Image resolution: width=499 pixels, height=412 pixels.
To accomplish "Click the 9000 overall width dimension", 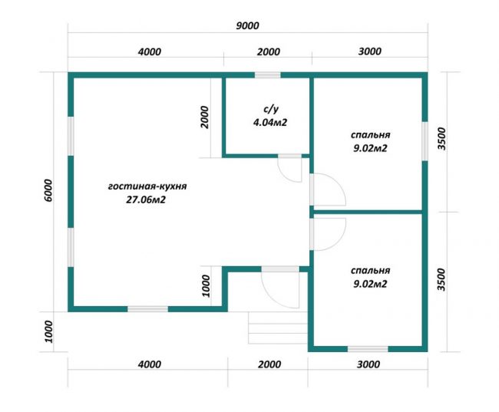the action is click(x=247, y=25).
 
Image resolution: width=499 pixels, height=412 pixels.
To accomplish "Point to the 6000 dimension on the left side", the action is click(x=48, y=190).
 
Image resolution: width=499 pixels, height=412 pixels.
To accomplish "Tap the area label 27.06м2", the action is click(x=146, y=199).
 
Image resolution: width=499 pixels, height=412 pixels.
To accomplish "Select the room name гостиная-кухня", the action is click(x=147, y=186).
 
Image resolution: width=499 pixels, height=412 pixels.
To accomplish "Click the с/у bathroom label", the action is click(x=270, y=109).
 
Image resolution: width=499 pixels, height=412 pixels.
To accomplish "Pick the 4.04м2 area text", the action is click(x=270, y=122).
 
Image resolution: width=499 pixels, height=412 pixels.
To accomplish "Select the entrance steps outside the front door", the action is click(x=278, y=328).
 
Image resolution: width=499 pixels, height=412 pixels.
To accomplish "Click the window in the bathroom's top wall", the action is click(x=267, y=75).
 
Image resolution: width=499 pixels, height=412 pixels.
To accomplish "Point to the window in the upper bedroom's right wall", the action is click(x=425, y=141).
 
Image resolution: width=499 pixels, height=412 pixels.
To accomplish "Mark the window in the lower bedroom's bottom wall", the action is click(x=368, y=349).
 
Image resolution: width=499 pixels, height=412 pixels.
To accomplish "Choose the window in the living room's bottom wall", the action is click(x=147, y=309).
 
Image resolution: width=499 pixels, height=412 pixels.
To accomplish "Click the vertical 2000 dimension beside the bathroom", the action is click(x=205, y=117).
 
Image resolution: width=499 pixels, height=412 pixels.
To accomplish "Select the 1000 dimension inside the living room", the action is click(x=206, y=285).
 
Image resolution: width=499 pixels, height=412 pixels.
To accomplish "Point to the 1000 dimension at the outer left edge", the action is click(x=48, y=332).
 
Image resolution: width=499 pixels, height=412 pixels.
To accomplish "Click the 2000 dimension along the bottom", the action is click(x=269, y=364).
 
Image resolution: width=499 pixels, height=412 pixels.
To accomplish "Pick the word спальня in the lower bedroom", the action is click(x=371, y=270).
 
